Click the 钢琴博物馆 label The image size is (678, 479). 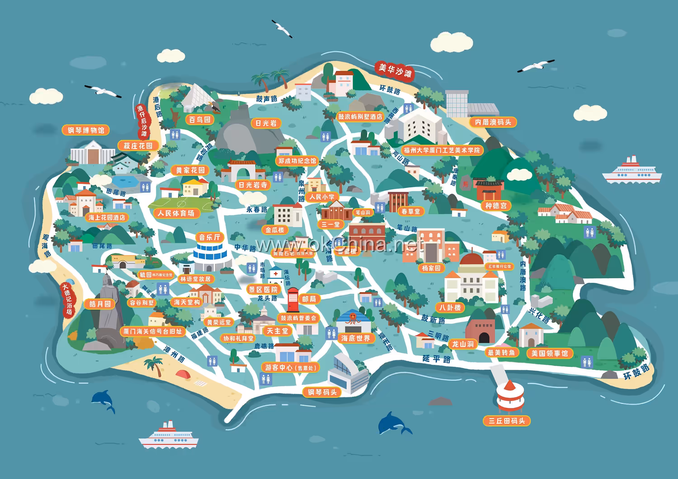(86, 130)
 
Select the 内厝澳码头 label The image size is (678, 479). (493, 122)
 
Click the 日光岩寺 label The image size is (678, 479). (253, 185)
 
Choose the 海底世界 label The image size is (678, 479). (355, 338)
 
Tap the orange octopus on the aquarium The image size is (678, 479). (353, 318)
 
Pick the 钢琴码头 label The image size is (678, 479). (322, 392)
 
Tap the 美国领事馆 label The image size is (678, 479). (550, 353)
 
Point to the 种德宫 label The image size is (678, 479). (496, 206)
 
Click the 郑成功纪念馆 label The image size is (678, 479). (297, 161)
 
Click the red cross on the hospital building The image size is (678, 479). (275, 273)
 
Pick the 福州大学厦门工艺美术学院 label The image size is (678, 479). (442, 150)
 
